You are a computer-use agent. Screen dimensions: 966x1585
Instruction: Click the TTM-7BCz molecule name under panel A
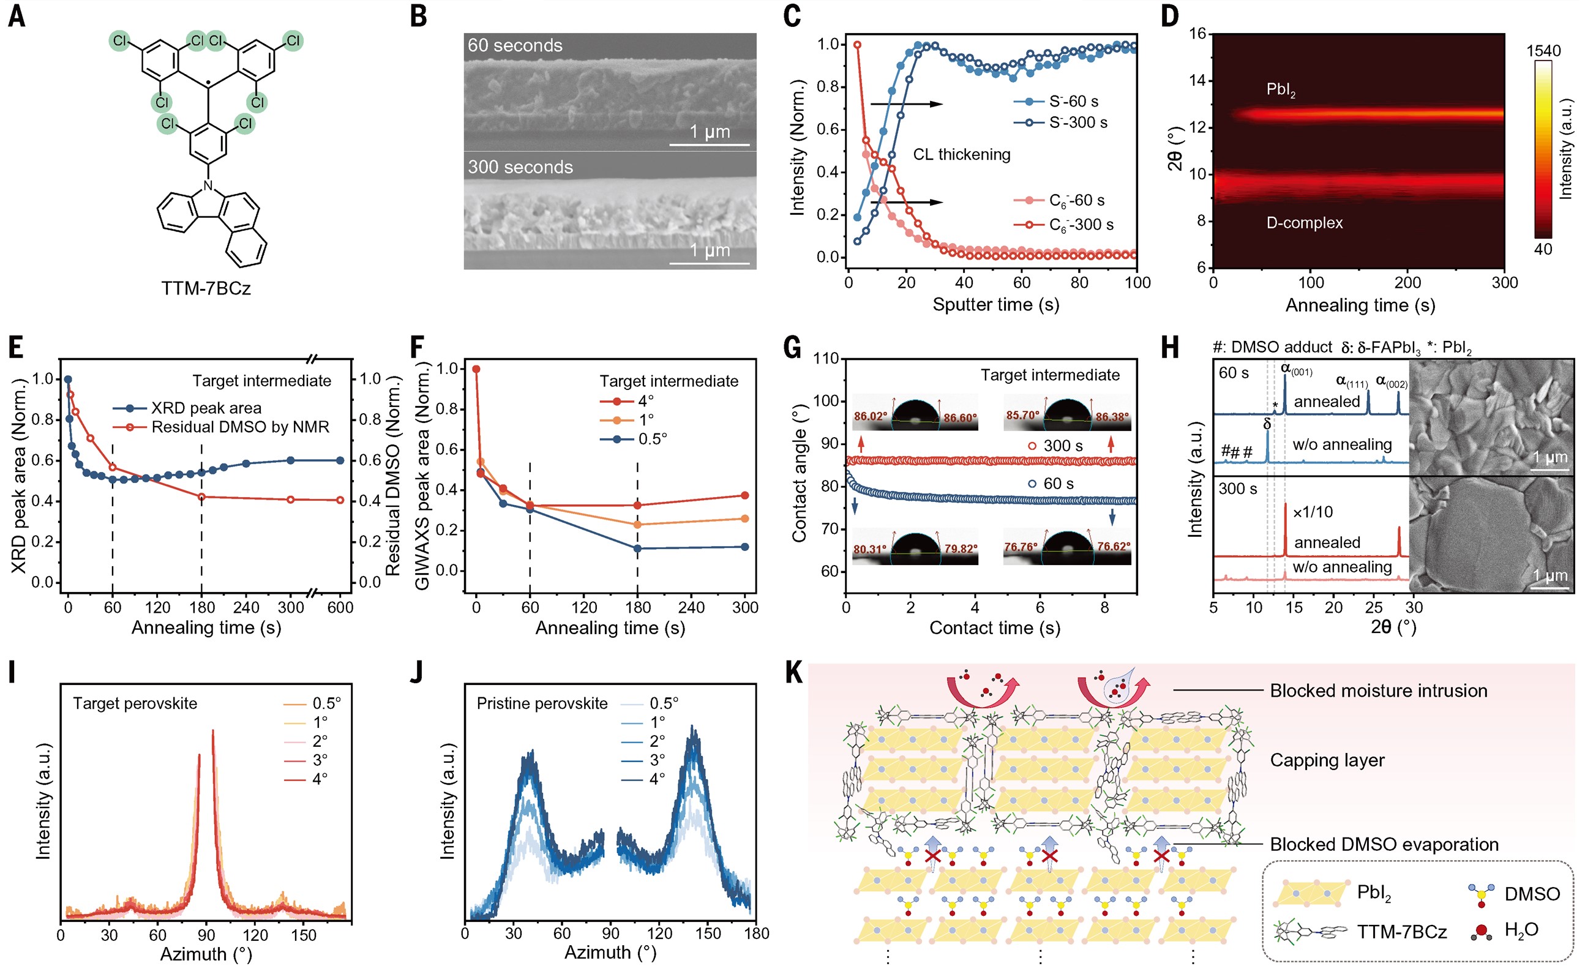[x=206, y=288]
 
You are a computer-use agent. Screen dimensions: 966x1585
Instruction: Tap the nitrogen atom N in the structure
[x=208, y=186]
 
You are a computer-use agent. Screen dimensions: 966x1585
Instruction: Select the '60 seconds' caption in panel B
[x=515, y=46]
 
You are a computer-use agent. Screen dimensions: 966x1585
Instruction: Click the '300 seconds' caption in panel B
[x=520, y=167]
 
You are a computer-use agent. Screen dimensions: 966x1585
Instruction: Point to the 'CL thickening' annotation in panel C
[x=962, y=154]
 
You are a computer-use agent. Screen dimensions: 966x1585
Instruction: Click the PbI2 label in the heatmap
[x=1281, y=89]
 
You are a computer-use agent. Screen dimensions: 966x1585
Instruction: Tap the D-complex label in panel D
[x=1304, y=223]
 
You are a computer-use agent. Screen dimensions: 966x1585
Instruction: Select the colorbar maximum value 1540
[x=1543, y=51]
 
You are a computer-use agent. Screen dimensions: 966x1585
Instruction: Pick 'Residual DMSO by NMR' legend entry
[x=239, y=427]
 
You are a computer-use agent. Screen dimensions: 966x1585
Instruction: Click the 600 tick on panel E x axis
[x=340, y=607]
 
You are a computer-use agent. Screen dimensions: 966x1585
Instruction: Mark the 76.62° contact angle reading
[x=1114, y=547]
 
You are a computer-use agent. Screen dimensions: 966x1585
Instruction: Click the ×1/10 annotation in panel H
[x=1312, y=512]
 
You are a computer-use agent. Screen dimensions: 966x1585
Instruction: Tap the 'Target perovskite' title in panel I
[x=135, y=703]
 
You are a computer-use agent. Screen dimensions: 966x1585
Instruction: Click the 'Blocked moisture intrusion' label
[x=1379, y=691]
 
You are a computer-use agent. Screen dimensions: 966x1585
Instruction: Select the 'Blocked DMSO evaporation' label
[x=1384, y=844]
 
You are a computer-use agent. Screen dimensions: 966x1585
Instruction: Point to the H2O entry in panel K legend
[x=1521, y=930]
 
